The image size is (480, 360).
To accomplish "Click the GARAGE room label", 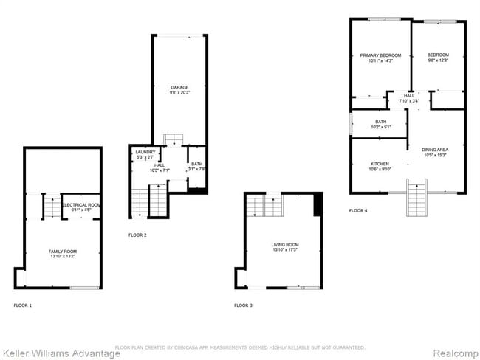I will coord(179,87).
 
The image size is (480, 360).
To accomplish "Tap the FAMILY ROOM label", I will coord(63,252).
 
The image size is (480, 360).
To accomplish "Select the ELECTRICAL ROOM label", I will coord(81,204).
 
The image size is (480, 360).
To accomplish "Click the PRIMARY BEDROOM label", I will coord(380,55).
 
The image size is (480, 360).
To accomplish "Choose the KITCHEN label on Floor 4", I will coord(380,164).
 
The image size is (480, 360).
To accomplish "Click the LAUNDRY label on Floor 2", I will coord(145,152).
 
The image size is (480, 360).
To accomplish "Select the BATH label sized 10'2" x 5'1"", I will coord(380,122).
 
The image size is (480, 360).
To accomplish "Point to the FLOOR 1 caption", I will coord(23,305).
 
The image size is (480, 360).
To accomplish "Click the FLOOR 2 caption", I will coord(137,235).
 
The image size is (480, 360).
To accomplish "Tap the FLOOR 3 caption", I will coord(243,305).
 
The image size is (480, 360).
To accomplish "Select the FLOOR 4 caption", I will coord(358,211).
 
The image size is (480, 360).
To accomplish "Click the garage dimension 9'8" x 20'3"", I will coord(179,92).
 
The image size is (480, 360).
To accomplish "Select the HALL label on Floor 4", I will coord(408,95).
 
